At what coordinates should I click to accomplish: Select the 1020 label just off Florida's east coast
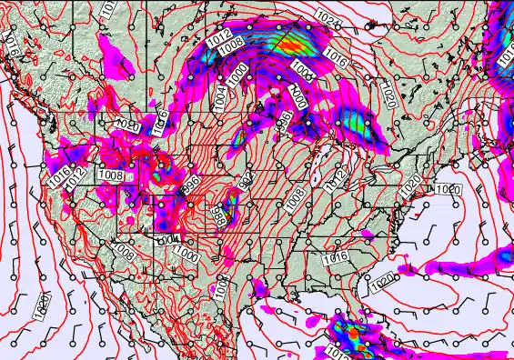pos(381,283)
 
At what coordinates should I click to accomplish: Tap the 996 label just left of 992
pos(192,185)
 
